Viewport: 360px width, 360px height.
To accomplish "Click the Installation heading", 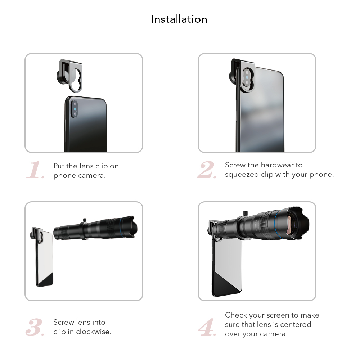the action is tap(179, 19).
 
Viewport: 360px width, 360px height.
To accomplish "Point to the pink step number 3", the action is tap(35, 327).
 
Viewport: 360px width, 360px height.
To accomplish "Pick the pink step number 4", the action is tap(207, 327).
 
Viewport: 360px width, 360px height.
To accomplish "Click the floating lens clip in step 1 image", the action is tap(69, 76).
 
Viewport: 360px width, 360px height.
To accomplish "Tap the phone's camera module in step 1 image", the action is tap(75, 109).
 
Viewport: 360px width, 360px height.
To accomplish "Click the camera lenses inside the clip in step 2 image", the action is tap(247, 78).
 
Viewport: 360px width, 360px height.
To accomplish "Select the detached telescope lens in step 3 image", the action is tap(95, 228).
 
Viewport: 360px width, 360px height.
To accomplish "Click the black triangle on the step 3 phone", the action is tap(47, 280).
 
